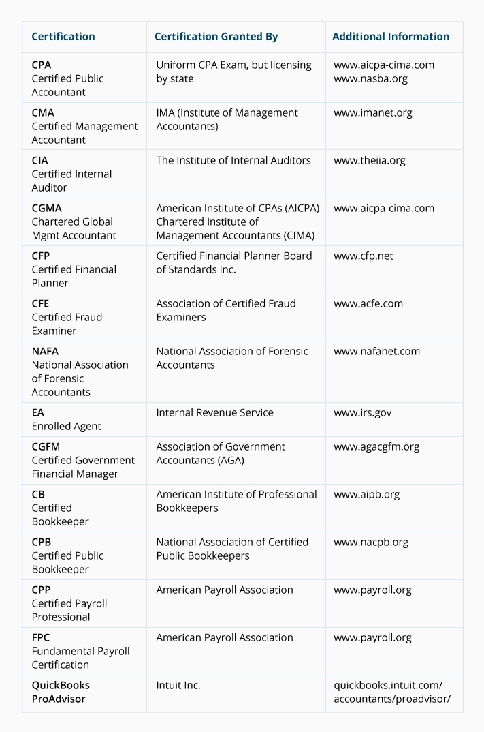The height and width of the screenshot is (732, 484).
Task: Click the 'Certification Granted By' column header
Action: (216, 37)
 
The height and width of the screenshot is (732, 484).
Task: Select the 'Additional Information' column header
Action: (391, 37)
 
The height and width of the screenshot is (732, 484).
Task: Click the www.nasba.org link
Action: (370, 78)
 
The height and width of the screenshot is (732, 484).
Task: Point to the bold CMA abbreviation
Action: (43, 112)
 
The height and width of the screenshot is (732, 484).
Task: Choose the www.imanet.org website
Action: (372, 112)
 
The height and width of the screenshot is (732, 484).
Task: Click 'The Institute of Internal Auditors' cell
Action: (233, 160)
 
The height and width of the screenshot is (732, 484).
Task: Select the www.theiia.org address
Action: (369, 160)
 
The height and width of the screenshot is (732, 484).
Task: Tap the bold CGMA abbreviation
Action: (46, 208)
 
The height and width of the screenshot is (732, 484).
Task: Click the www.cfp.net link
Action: (363, 256)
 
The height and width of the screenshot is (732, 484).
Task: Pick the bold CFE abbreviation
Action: (40, 303)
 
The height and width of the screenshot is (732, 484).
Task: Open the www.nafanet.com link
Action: (376, 351)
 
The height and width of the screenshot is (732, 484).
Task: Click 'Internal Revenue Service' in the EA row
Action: (214, 412)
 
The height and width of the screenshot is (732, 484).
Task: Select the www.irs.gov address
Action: (362, 412)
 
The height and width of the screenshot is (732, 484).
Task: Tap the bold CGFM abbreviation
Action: (46, 446)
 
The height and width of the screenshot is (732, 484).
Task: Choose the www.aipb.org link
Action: (366, 494)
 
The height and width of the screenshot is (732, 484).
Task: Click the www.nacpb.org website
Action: (370, 542)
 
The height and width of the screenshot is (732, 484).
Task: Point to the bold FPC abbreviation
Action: (41, 637)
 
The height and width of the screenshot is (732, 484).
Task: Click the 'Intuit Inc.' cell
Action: (178, 685)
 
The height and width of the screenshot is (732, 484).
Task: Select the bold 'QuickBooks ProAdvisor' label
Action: (61, 692)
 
